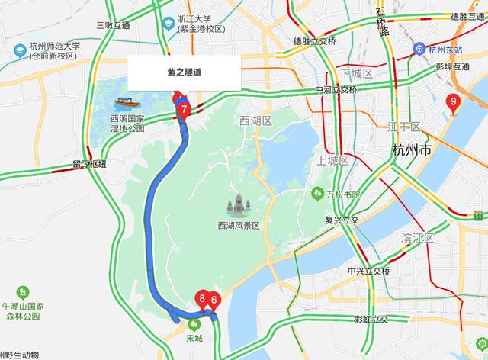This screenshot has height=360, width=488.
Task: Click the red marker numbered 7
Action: click(x=183, y=109)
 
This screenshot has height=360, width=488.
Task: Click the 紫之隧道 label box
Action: click(x=184, y=73)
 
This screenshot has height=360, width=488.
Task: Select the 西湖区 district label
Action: click(x=255, y=121)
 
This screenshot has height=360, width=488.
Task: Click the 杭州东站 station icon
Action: click(x=419, y=48)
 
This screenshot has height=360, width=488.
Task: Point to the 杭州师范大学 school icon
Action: click(x=19, y=50)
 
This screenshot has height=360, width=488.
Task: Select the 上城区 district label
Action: click(x=332, y=162)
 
